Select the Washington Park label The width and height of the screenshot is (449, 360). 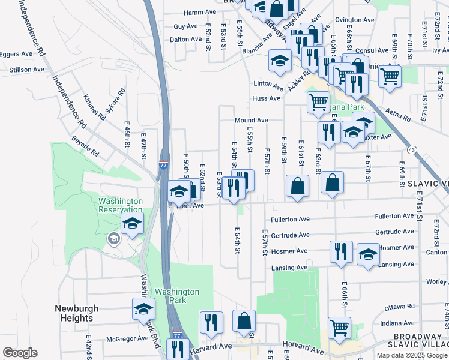177,296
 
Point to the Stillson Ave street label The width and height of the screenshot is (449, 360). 27,70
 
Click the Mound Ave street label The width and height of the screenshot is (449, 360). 251,121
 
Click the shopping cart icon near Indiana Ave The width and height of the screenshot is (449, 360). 339,328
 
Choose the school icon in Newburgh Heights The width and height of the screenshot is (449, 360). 143,308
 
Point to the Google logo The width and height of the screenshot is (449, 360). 20,353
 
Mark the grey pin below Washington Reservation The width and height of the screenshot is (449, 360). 113,239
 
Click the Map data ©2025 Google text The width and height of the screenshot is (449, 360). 411,355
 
